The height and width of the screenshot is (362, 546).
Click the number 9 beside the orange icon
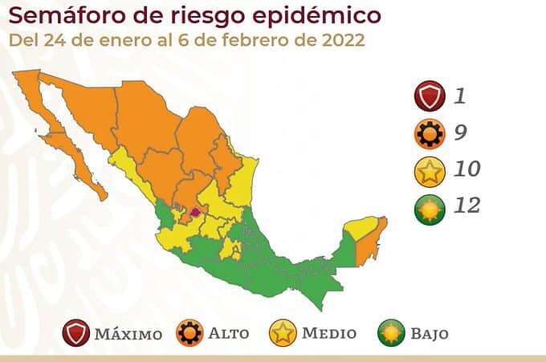tap(460, 133)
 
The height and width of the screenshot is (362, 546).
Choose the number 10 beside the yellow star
tap(466, 169)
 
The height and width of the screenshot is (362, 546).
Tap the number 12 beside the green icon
tap(466, 205)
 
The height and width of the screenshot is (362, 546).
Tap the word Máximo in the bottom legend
tap(128, 333)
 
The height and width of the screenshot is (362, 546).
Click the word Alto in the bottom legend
tap(229, 333)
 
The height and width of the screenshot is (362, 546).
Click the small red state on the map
tap(194, 214)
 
